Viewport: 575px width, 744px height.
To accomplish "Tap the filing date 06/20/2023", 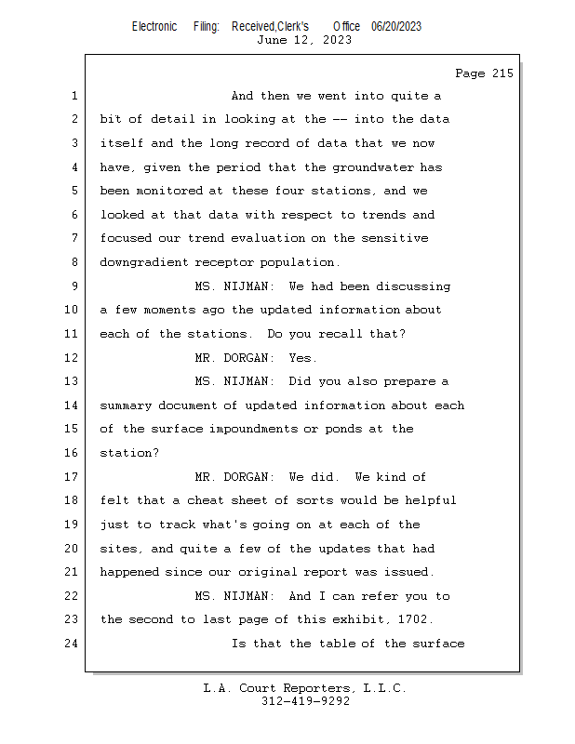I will click(395, 26).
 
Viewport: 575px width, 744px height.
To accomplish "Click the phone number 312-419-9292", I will click(305, 701).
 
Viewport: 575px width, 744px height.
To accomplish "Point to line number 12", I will click(74, 358).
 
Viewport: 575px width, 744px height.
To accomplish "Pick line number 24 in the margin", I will click(74, 644).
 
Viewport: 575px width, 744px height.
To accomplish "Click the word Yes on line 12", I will click(303, 358).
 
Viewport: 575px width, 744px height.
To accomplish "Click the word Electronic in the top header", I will click(154, 26).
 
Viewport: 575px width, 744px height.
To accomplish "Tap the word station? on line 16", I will click(129, 453).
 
